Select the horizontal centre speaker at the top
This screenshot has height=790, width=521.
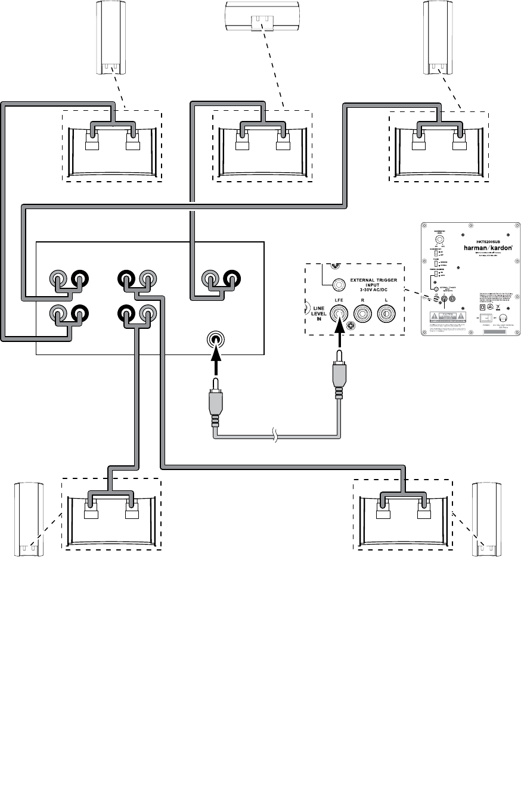[261, 15]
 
